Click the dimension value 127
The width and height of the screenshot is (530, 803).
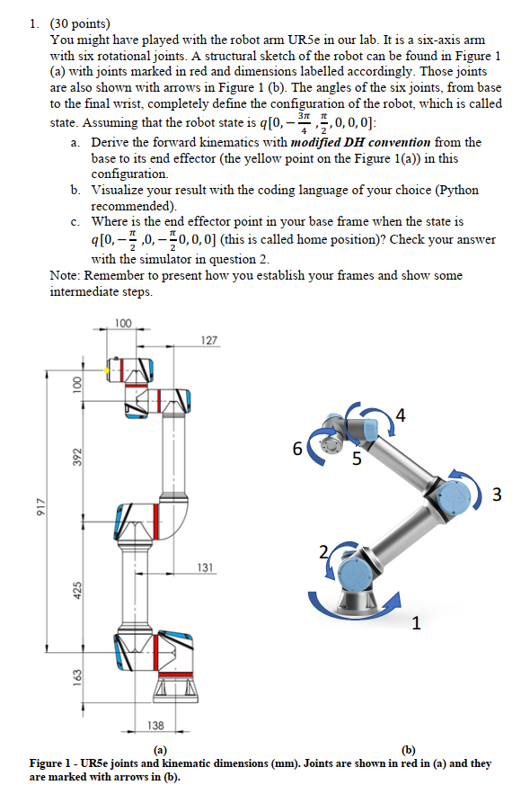pyautogui.click(x=208, y=341)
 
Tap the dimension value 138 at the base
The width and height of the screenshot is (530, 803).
pyautogui.click(x=155, y=725)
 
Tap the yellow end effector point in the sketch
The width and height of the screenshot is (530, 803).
pyautogui.click(x=107, y=370)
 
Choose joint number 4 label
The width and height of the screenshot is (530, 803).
pyautogui.click(x=400, y=415)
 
